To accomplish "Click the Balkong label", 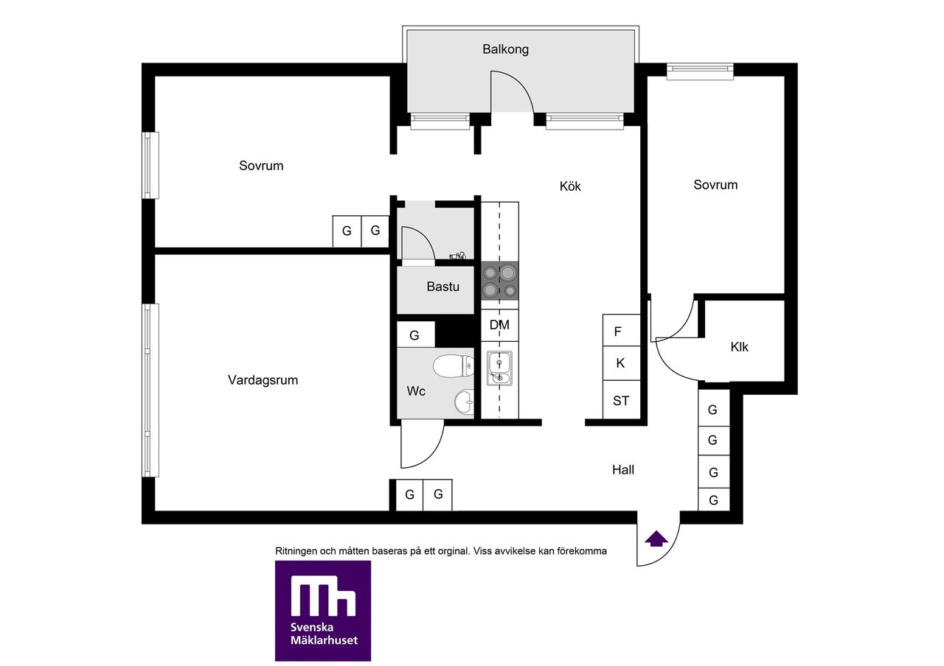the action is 505,49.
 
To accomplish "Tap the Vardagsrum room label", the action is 263,380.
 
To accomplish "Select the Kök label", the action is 570,186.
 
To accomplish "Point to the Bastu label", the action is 442,287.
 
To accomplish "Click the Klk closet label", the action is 739,347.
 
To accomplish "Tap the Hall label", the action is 623,470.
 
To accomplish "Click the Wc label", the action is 415,391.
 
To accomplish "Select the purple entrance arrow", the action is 656,539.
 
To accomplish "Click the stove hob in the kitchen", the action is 500,281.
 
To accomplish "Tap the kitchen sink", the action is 499,368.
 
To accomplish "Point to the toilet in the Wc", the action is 454,366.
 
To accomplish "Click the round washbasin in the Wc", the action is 464,402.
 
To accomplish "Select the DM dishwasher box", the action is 500,325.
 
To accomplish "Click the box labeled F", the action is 622,331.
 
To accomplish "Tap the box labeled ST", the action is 622,400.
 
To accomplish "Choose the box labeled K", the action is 622,363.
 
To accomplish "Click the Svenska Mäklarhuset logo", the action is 323,610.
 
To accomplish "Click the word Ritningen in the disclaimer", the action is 296,551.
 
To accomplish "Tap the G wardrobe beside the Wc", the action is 415,334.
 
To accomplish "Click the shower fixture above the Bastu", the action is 458,255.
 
